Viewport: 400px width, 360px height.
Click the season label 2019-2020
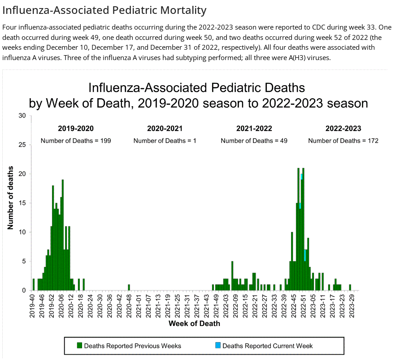pos(76,129)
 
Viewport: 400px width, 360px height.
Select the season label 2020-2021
pos(165,129)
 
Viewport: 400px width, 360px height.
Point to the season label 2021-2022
pos(254,129)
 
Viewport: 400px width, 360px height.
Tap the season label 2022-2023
pos(343,129)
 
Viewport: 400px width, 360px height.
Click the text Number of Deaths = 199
pos(76,141)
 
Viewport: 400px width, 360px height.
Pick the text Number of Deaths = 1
pos(165,141)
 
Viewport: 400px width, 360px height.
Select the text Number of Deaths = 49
pos(254,141)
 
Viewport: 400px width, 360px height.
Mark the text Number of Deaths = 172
pos(343,141)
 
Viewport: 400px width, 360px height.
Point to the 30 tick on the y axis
pos(22,116)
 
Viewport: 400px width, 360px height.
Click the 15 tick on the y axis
pos(22,203)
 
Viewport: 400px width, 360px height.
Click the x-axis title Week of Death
pos(194,323)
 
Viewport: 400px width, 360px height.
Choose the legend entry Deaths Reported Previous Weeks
pos(132,346)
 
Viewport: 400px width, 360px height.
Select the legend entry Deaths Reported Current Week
pos(267,346)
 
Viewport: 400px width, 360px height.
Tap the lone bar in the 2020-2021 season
pos(129,287)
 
